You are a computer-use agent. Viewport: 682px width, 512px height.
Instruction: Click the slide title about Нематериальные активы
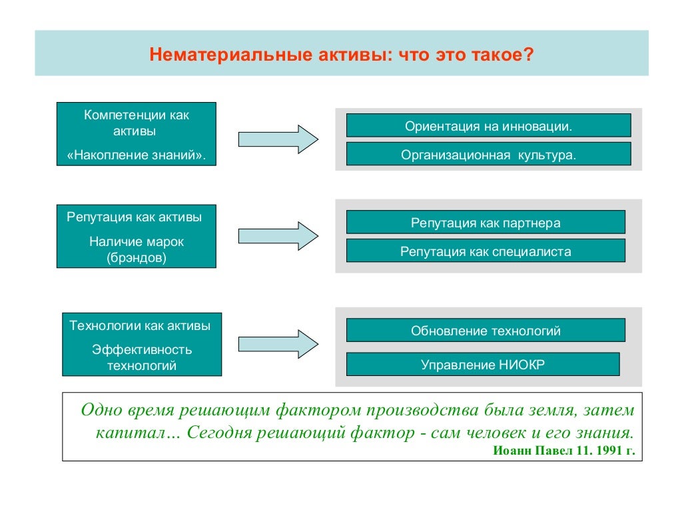(x=341, y=54)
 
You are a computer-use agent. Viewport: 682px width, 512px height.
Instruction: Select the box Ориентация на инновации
(x=488, y=125)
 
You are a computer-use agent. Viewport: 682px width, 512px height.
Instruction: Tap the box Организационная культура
(x=488, y=154)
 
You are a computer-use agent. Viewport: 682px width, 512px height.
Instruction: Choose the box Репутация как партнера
(x=486, y=223)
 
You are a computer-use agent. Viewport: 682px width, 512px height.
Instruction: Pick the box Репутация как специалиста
(x=486, y=251)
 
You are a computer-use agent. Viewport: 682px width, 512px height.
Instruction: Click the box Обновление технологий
(x=486, y=330)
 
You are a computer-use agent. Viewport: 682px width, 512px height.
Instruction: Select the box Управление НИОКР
(x=483, y=365)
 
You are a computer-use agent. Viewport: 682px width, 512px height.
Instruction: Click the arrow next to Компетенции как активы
(x=278, y=139)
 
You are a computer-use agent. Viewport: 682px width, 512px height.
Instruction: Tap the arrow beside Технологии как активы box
(x=278, y=343)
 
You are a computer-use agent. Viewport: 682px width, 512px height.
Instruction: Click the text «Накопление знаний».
(x=137, y=155)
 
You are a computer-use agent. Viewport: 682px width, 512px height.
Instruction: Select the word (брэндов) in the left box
(x=137, y=257)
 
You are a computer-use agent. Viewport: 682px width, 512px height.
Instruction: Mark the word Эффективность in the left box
(x=142, y=349)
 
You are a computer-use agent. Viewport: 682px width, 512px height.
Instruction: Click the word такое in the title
(x=503, y=54)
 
